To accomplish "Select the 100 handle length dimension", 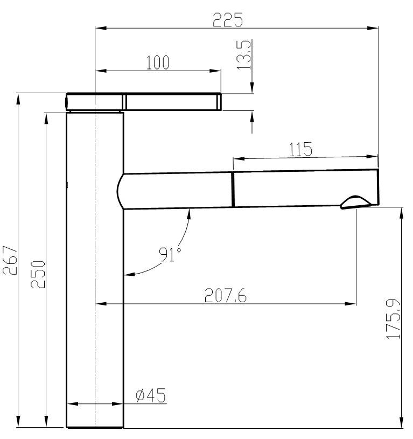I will [x=158, y=62].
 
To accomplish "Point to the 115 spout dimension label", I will [x=300, y=149].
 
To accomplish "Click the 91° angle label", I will [x=168, y=254].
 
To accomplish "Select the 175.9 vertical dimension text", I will [x=394, y=319].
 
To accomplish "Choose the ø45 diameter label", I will [x=150, y=396].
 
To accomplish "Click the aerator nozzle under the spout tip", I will [x=356, y=202].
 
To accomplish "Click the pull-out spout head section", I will [x=305, y=189].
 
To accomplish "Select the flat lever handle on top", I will [x=172, y=102].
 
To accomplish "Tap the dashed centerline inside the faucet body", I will [x=95, y=269].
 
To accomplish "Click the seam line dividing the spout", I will [x=233, y=190].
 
